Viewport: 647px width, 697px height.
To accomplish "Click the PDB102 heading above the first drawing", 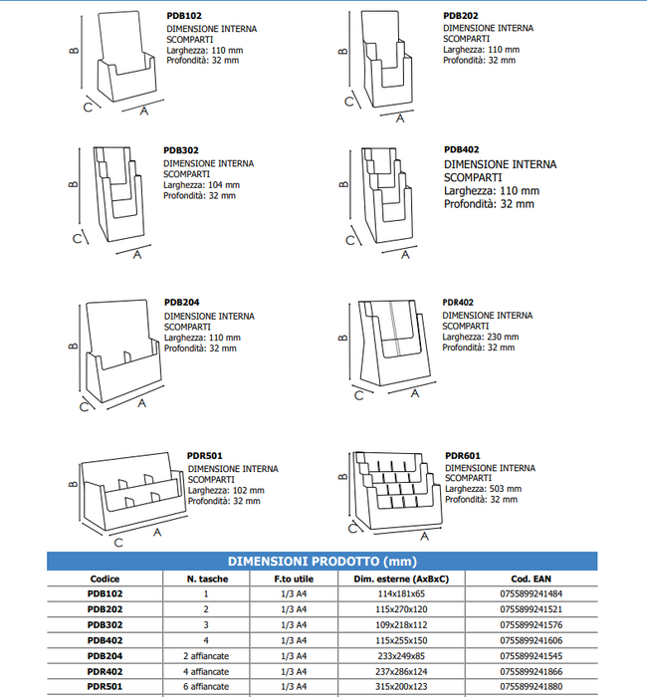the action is coord(184,16).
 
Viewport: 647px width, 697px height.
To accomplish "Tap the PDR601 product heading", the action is coord(463,456).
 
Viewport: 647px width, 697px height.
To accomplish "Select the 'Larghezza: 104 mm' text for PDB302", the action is coord(201,185).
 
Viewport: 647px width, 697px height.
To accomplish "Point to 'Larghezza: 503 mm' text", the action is coord(483,489).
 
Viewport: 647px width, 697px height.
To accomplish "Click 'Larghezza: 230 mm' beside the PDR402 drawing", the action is coord(481,337).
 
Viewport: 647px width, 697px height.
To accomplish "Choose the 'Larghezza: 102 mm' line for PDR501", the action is coord(226,490).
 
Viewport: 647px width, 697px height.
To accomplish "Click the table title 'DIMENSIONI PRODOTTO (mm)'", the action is coord(323,562).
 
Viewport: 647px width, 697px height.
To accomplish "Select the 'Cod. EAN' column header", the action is coord(531,579).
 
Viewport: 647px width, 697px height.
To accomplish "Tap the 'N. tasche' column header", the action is coord(207,579).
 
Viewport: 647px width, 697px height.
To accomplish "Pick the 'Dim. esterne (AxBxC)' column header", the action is coord(401,579).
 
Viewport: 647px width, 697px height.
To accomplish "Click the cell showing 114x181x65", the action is coord(401,593).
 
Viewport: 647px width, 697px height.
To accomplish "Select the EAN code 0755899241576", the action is coord(531,625).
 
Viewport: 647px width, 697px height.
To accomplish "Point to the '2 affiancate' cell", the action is coord(206,656).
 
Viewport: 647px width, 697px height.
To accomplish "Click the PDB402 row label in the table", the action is coord(105,640).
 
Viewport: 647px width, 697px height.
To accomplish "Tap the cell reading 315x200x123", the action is coord(401,687).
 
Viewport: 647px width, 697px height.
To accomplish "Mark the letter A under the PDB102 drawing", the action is coord(144,112).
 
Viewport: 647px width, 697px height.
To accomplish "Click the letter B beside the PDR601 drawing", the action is coord(342,477).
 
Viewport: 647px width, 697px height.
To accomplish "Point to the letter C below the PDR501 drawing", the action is coord(118,543).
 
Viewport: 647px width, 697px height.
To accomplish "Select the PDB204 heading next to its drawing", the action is coord(182,303).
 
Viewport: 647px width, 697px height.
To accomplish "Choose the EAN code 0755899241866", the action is coord(531,672).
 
